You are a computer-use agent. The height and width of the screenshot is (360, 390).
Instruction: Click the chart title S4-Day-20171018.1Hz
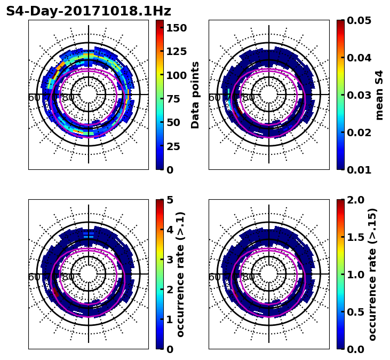[89, 11]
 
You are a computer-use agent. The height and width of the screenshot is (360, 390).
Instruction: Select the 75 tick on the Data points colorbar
[174, 99]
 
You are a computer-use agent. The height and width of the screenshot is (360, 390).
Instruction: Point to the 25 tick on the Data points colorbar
[174, 146]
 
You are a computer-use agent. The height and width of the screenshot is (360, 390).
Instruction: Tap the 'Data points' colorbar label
[195, 95]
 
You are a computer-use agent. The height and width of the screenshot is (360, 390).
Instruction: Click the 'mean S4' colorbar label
[379, 95]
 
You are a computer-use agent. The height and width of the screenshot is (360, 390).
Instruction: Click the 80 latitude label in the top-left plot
[68, 98]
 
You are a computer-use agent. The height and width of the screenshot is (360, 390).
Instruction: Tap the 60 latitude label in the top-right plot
[213, 98]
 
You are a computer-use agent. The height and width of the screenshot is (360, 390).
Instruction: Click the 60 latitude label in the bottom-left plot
[33, 277]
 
